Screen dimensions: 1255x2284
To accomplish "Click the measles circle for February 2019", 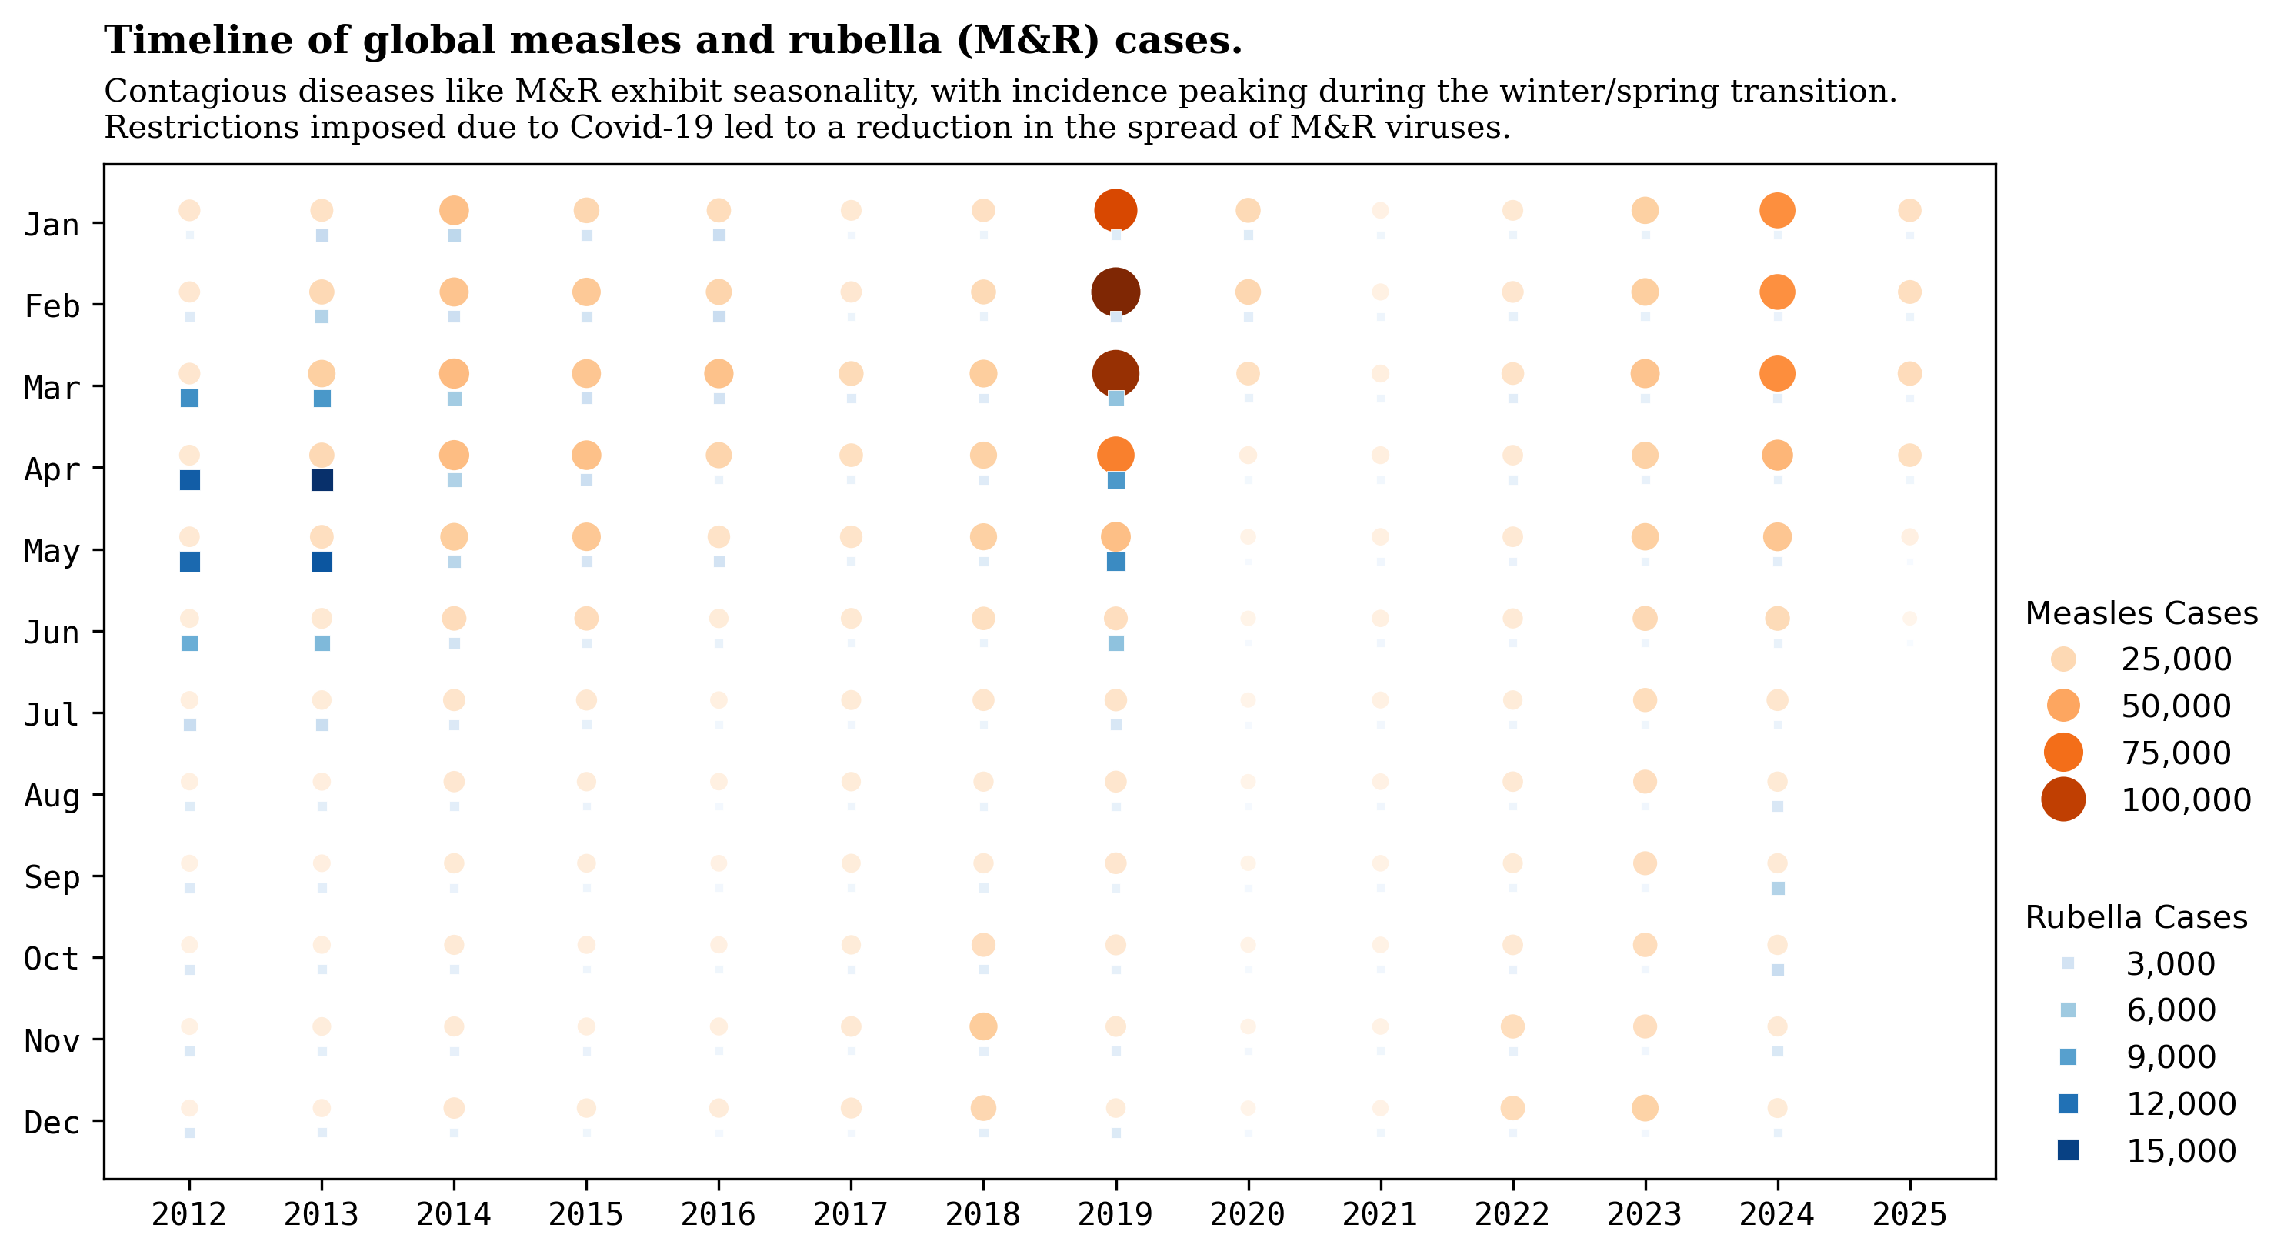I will coord(1115,292).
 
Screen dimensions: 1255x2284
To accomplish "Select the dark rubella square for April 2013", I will coord(322,480).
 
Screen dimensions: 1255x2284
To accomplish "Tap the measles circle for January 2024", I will coord(1777,210).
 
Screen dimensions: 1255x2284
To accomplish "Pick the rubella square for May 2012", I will coord(190,562).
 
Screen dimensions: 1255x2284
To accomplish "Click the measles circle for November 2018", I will coord(982,1026).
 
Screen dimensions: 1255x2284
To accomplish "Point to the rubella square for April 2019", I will coord(1115,480).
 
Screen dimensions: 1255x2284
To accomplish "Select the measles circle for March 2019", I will coord(1115,373).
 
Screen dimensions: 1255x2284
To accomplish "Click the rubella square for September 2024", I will coord(1777,888).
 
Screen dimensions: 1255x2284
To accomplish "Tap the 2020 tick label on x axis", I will coord(1248,1214).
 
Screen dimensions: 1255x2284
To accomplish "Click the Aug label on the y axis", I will coord(52,796).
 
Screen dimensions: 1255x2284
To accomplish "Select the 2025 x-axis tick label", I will coord(1909,1214).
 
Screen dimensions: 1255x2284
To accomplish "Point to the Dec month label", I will coord(52,1123).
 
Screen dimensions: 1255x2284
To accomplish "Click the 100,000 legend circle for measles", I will coord(2063,799).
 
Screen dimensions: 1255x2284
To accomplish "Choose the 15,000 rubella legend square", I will coord(2068,1150).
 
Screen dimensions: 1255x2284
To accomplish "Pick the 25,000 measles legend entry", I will coord(2063,659).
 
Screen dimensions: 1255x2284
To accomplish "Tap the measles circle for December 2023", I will coord(1645,1108).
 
